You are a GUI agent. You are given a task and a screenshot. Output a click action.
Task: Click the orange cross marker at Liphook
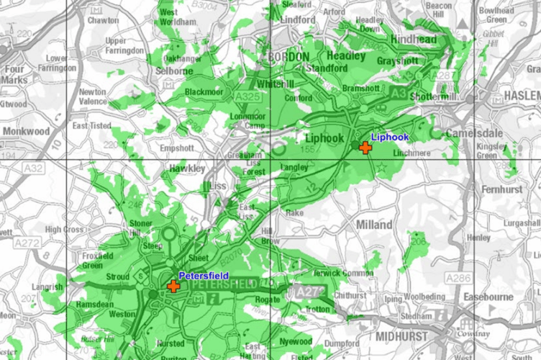tap(365, 148)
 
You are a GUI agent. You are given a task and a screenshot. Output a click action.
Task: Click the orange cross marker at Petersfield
tap(173, 286)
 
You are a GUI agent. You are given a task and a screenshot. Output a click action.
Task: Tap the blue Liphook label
tap(389, 137)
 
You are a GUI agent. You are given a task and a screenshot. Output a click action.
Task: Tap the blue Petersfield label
tap(204, 275)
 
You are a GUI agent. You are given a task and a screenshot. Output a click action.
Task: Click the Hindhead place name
tap(414, 38)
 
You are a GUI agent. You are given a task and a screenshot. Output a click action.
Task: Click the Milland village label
tap(374, 225)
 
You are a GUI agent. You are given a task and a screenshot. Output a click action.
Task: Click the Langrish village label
tap(48, 288)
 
